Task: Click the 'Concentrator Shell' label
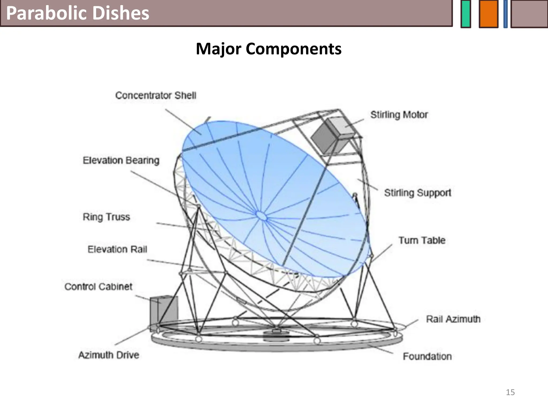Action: [156, 95]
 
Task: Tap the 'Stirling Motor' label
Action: [399, 115]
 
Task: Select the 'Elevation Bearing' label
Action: [121, 160]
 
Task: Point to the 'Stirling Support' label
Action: [418, 193]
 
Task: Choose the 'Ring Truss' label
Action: [106, 217]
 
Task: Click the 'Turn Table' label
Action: [422, 240]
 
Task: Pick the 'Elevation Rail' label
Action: [117, 249]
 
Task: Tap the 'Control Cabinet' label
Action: [98, 287]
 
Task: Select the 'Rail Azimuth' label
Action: [453, 319]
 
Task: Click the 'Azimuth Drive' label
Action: [109, 355]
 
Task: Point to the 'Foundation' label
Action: [427, 356]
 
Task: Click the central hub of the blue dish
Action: [261, 216]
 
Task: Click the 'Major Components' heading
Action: [269, 49]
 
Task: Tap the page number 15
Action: [510, 392]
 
